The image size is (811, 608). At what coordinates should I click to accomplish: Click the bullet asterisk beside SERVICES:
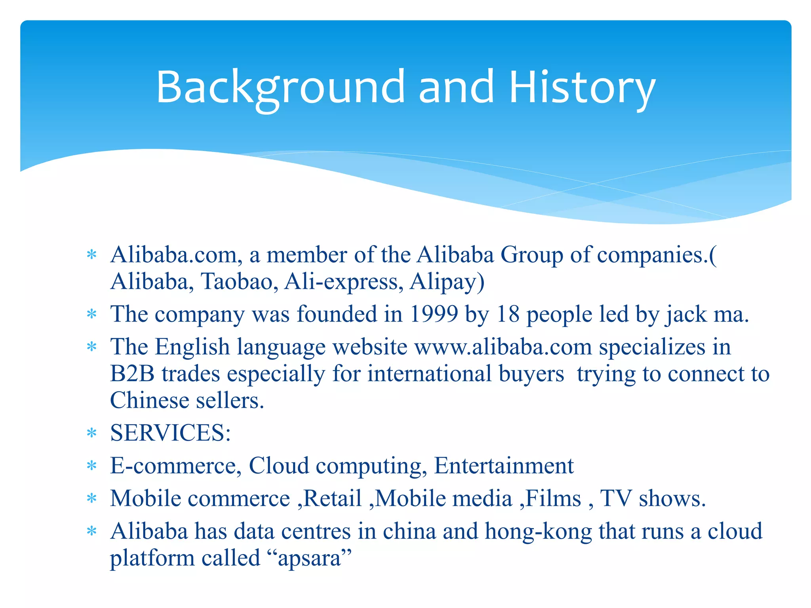[x=91, y=433]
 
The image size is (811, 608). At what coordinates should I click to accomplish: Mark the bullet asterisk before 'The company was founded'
[x=91, y=315]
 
